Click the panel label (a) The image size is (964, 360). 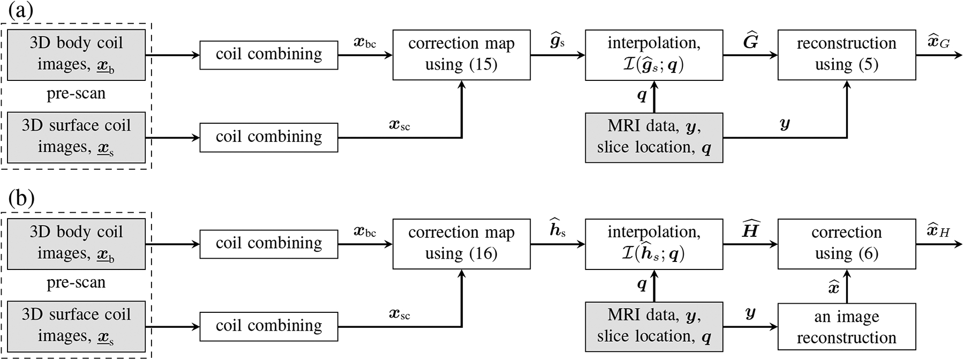pyautogui.click(x=21, y=11)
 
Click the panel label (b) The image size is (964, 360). pyautogui.click(x=21, y=199)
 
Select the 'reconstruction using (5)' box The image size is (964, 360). pyautogui.click(x=846, y=55)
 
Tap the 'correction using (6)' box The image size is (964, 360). pyautogui.click(x=846, y=243)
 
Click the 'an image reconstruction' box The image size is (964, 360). pyautogui.click(x=846, y=327)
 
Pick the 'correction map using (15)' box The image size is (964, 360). pyautogui.click(x=461, y=55)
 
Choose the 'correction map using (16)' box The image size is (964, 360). pyautogui.click(x=461, y=243)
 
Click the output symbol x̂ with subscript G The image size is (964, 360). pyautogui.click(x=938, y=41)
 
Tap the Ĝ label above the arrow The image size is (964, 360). pyautogui.click(x=750, y=41)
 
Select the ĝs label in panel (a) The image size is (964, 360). pyautogui.click(x=558, y=41)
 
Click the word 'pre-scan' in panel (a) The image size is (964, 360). pyautogui.click(x=76, y=94)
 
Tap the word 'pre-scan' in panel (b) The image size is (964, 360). pyautogui.click(x=76, y=282)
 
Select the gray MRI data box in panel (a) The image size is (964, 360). pyautogui.click(x=654, y=137)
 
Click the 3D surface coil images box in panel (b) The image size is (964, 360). pyautogui.click(x=76, y=326)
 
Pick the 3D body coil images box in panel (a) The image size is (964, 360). pyautogui.click(x=76, y=55)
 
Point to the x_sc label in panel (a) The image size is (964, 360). pyautogui.click(x=400, y=125)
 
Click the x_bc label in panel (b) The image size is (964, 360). pyautogui.click(x=365, y=232)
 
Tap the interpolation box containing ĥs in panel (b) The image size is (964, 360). pyautogui.click(x=654, y=243)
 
